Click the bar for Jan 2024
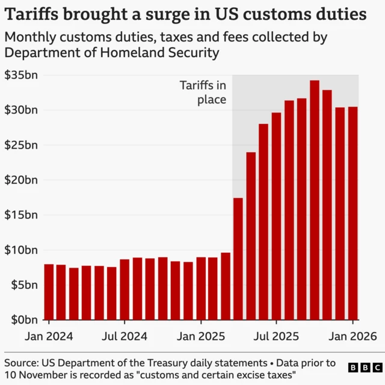(49, 292)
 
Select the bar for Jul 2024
(125, 289)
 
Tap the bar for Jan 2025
(201, 288)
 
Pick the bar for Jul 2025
(277, 216)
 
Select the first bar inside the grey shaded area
(238, 259)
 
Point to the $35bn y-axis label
(21, 75)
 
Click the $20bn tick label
(21, 180)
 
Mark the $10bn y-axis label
(21, 250)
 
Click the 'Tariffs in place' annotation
(203, 93)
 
